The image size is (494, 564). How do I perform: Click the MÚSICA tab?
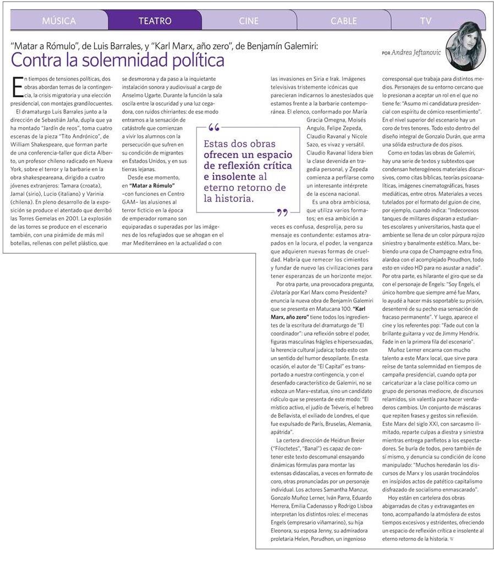click(59, 21)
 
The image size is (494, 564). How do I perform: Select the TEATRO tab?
click(155, 21)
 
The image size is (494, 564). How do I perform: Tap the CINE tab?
click(249, 21)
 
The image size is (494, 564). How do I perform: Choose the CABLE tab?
click(344, 21)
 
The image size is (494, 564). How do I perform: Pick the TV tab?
click(426, 21)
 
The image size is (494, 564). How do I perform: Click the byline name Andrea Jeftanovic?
click(419, 52)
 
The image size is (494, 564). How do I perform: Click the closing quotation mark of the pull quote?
click(283, 212)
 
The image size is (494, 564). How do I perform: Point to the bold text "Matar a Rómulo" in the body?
click(152, 185)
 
